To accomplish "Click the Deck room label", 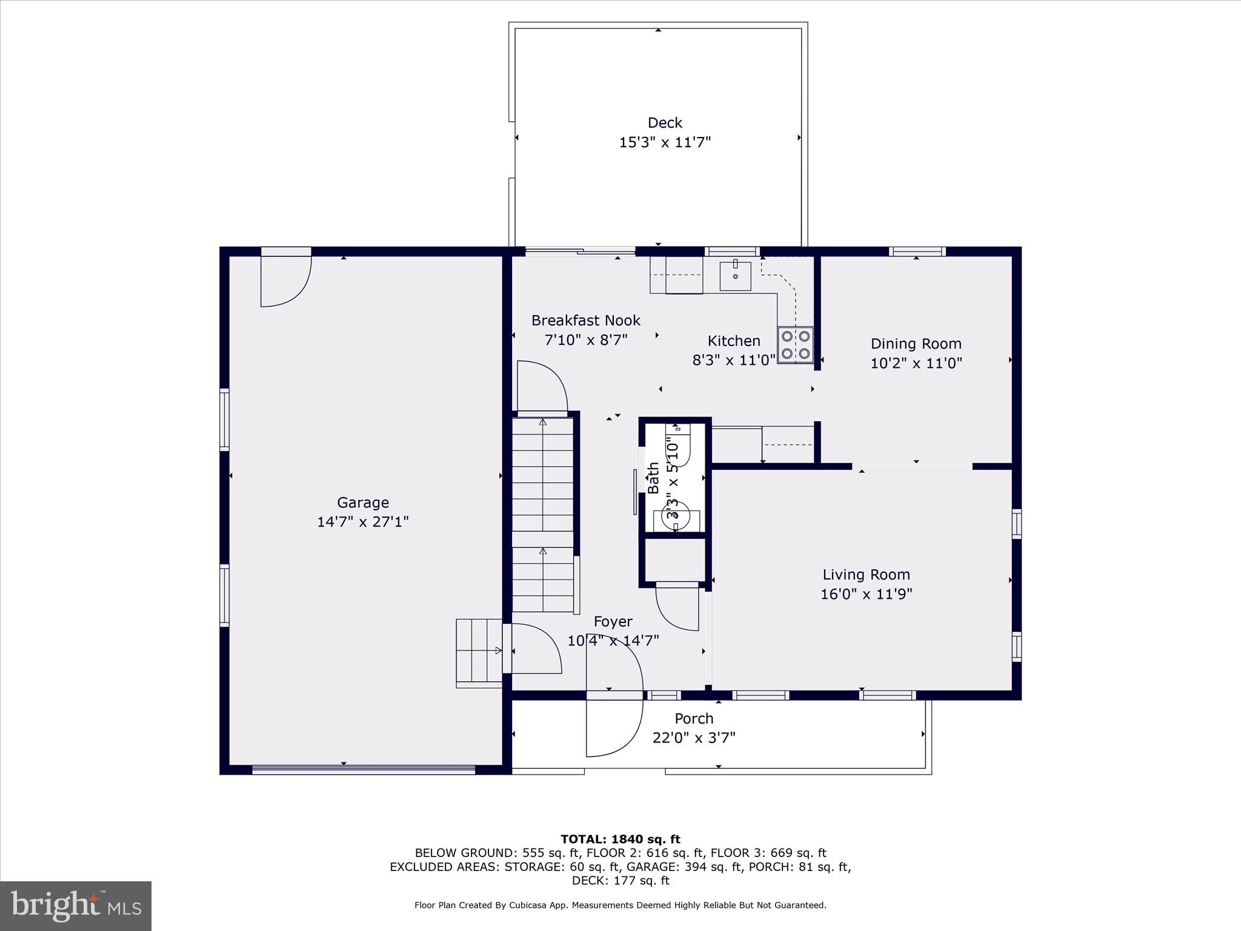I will point(665,123).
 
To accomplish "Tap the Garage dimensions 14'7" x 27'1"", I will point(363,522).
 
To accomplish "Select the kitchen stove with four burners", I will point(796,345).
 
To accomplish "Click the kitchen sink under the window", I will point(735,276).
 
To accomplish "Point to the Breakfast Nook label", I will point(585,320).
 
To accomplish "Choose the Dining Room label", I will point(916,344).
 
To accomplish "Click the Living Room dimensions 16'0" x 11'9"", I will point(866,594).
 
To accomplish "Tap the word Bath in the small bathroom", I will point(653,478).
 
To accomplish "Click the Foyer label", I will point(613,621).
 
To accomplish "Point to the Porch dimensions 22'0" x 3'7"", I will point(694,738).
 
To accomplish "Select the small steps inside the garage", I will point(479,652).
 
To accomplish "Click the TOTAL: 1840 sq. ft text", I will point(620,839).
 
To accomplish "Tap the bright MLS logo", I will point(76,906).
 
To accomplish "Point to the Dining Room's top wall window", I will point(917,252).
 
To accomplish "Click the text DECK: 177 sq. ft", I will point(620,881).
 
